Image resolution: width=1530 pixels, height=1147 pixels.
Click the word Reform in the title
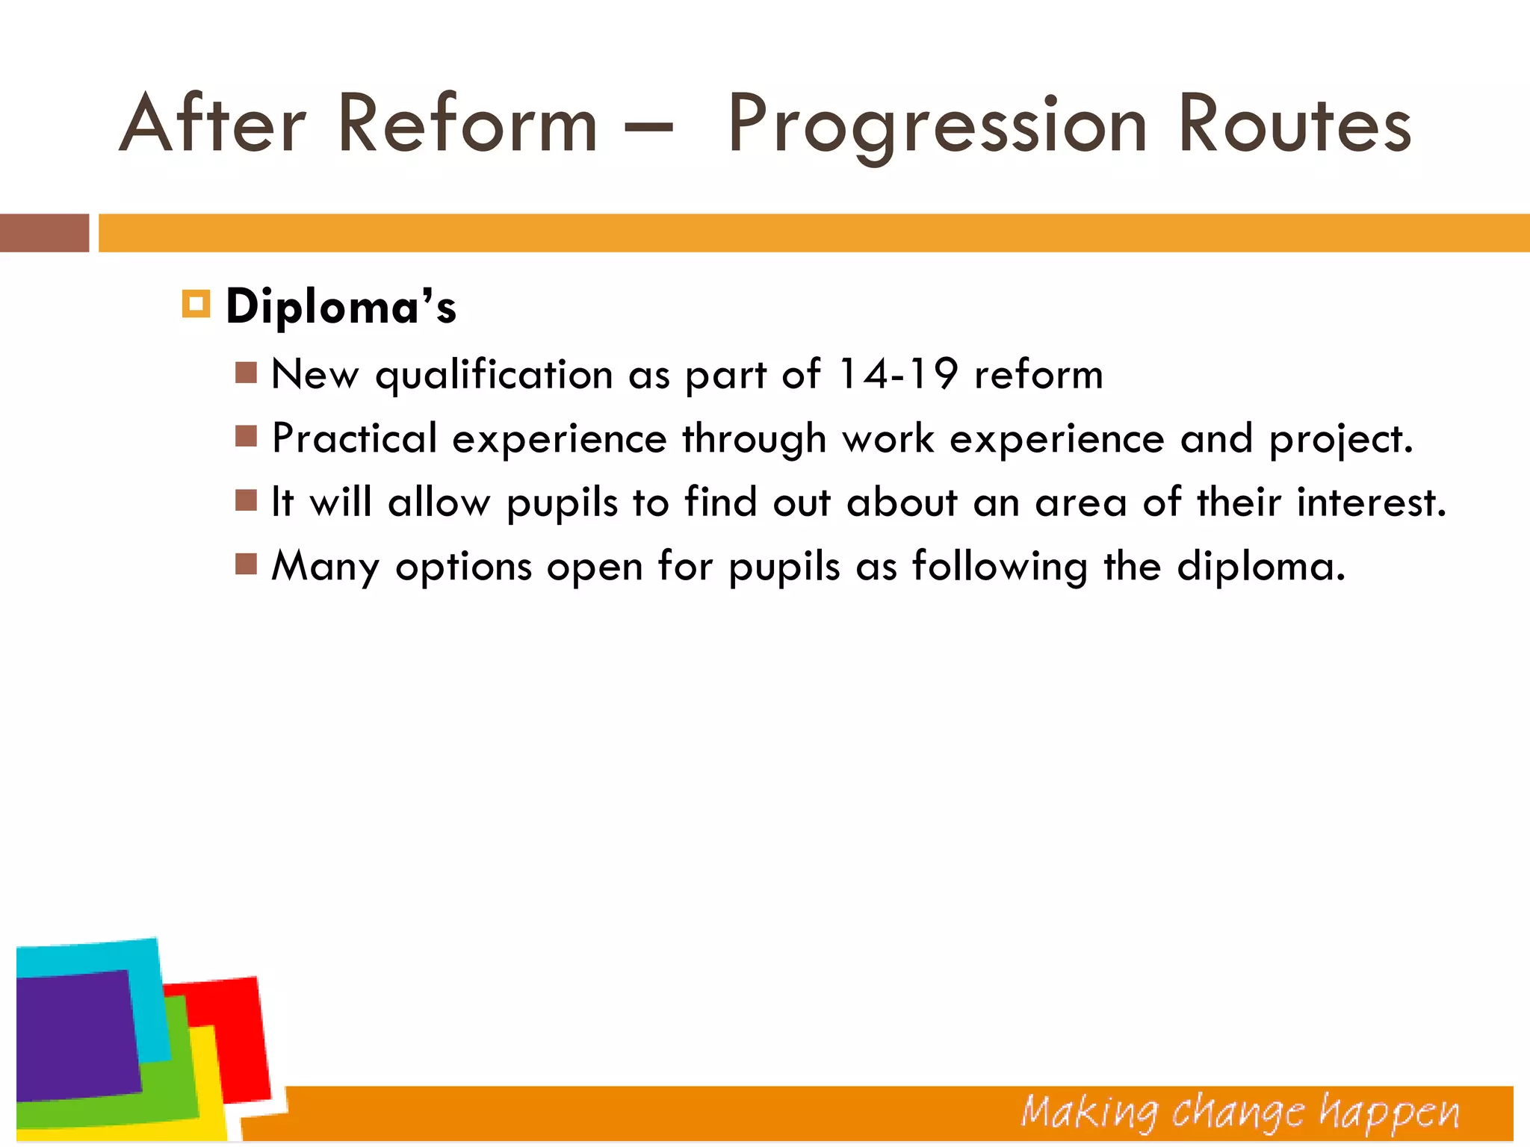[x=467, y=124]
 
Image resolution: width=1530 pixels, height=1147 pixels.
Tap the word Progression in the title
[x=937, y=127]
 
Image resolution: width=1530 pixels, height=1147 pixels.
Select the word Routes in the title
[x=1294, y=124]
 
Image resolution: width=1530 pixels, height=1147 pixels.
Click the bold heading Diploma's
[x=341, y=306]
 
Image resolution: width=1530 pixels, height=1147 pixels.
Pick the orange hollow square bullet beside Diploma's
[x=196, y=304]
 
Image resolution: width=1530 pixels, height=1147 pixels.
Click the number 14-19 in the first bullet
[x=896, y=373]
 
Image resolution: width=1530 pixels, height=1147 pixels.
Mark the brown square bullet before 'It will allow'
[x=246, y=500]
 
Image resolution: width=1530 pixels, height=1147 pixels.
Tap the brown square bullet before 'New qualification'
[x=246, y=372]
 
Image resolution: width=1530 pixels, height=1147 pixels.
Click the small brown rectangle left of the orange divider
[x=44, y=233]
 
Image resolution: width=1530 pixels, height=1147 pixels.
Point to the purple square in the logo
[x=75, y=1034]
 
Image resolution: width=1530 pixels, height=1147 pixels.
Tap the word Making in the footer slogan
[x=1089, y=1113]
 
